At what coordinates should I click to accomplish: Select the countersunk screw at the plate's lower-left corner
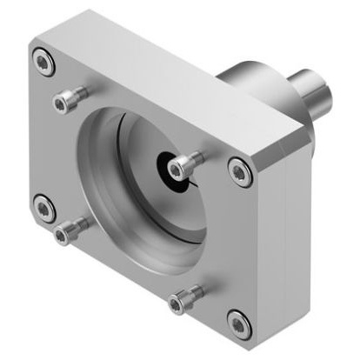(x=43, y=208)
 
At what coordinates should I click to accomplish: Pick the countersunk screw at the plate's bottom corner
(x=239, y=322)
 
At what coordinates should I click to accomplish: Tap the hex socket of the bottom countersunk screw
(x=239, y=322)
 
